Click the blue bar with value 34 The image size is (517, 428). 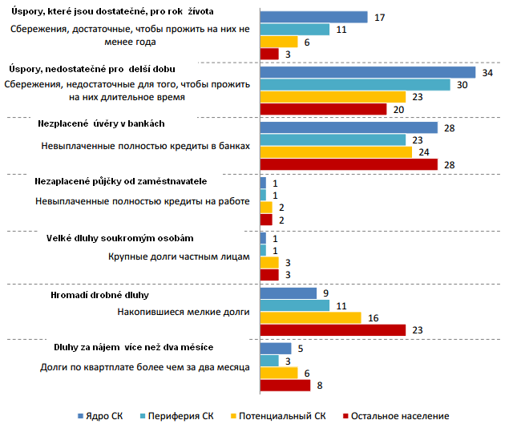[368, 72]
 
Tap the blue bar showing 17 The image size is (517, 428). [314, 17]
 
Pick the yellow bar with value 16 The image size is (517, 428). [311, 317]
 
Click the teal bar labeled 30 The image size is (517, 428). [355, 84]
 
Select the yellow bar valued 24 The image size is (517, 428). [336, 151]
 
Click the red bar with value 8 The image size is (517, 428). [285, 385]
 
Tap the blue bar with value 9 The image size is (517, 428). [289, 293]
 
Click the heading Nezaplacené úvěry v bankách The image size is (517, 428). [102, 124]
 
